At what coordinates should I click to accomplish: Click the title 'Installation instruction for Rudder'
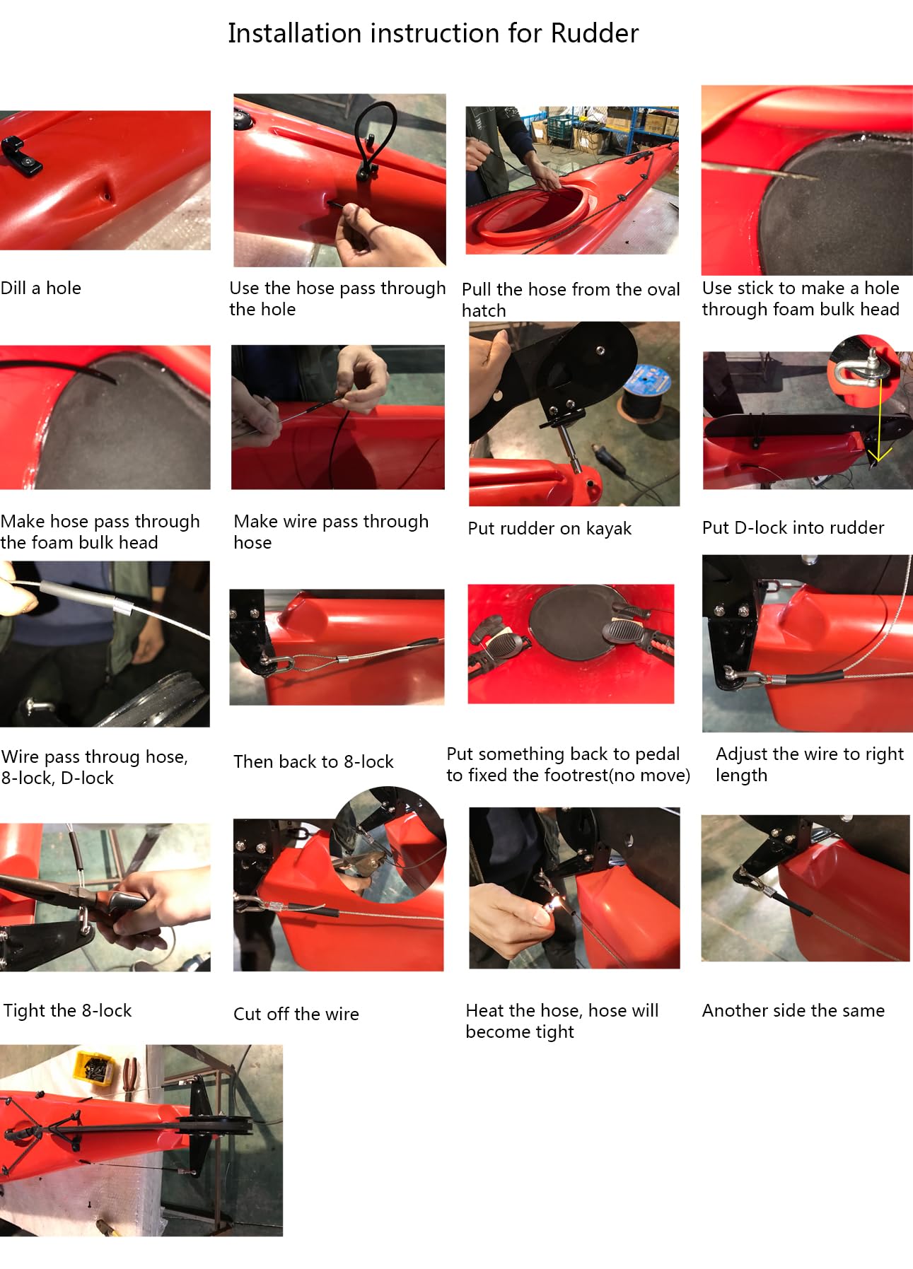click(x=433, y=33)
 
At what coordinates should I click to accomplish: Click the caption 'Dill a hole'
click(x=41, y=288)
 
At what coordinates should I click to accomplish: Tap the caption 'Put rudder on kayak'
click(x=549, y=528)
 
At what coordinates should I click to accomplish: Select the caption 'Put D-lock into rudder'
click(x=793, y=527)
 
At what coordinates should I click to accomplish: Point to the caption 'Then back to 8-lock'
click(x=313, y=761)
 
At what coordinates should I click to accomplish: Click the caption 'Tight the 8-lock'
click(x=68, y=1010)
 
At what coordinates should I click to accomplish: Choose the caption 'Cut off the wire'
click(x=296, y=1014)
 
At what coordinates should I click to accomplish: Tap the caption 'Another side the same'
click(x=793, y=1010)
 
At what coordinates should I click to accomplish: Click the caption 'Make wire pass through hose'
click(x=331, y=532)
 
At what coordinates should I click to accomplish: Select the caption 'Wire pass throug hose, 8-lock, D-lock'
click(x=95, y=767)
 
